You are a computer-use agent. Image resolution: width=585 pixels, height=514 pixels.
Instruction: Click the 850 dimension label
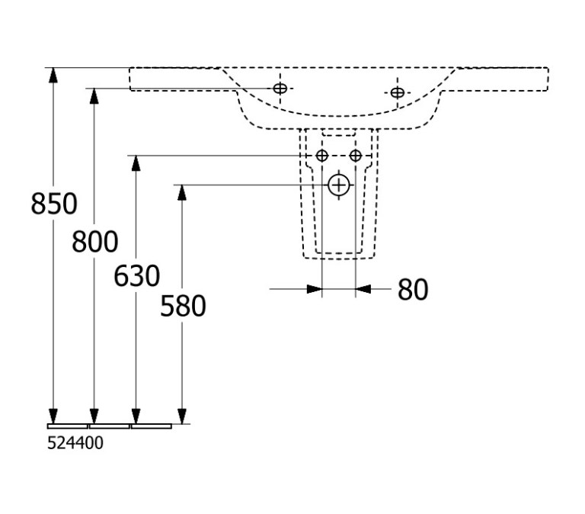(54, 204)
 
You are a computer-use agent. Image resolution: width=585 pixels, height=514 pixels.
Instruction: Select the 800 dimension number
(94, 241)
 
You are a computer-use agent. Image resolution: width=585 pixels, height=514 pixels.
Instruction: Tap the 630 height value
(136, 276)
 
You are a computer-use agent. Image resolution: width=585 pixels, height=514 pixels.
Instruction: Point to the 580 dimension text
(183, 306)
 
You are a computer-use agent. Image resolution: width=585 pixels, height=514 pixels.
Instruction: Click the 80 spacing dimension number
(413, 290)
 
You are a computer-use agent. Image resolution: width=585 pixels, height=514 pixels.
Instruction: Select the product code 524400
(75, 443)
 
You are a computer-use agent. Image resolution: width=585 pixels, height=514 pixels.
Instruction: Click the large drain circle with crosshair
(339, 185)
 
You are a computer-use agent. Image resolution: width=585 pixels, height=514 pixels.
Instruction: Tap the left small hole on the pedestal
(322, 156)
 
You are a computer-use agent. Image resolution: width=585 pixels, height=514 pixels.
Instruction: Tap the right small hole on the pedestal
(356, 156)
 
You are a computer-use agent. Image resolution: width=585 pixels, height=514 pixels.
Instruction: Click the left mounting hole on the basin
(280, 88)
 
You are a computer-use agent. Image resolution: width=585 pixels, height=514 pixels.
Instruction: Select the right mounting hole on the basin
(398, 92)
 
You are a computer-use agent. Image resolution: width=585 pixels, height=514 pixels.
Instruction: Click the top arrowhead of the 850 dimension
(54, 75)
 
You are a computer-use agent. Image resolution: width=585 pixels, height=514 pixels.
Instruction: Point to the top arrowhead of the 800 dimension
(94, 96)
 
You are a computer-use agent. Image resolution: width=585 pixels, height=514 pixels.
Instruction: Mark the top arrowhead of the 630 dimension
(136, 163)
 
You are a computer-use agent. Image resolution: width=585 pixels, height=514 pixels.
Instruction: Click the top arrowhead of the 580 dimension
(182, 192)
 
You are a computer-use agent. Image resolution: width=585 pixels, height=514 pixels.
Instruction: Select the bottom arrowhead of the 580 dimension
(182, 416)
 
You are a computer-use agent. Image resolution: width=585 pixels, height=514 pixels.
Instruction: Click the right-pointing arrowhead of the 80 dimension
(315, 289)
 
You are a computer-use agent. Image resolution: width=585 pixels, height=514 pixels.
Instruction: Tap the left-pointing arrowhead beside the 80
(363, 289)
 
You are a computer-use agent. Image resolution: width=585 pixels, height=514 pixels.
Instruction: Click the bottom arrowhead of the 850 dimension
(54, 416)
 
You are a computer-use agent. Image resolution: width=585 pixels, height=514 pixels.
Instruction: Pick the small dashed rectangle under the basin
(339, 133)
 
